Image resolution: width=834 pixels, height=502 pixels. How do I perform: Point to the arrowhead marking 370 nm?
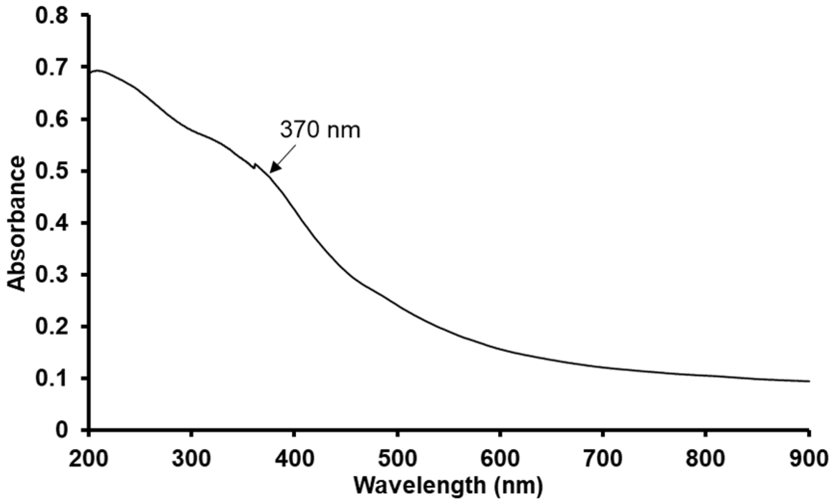click(x=271, y=172)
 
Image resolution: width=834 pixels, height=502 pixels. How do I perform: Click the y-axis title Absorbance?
click(x=17, y=223)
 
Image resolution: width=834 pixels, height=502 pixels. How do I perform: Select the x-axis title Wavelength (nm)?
click(x=448, y=486)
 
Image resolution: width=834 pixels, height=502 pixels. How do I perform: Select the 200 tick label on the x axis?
click(x=88, y=459)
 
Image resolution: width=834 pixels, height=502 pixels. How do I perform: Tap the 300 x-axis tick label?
click(x=191, y=459)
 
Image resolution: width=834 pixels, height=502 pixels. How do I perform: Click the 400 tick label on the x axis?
click(x=294, y=459)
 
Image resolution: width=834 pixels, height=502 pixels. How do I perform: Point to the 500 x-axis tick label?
click(x=397, y=459)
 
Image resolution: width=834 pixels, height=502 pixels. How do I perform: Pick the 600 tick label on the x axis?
click(x=500, y=459)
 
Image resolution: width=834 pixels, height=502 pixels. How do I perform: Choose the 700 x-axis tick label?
click(x=603, y=459)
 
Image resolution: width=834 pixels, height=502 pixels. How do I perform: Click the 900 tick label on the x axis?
click(x=808, y=459)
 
